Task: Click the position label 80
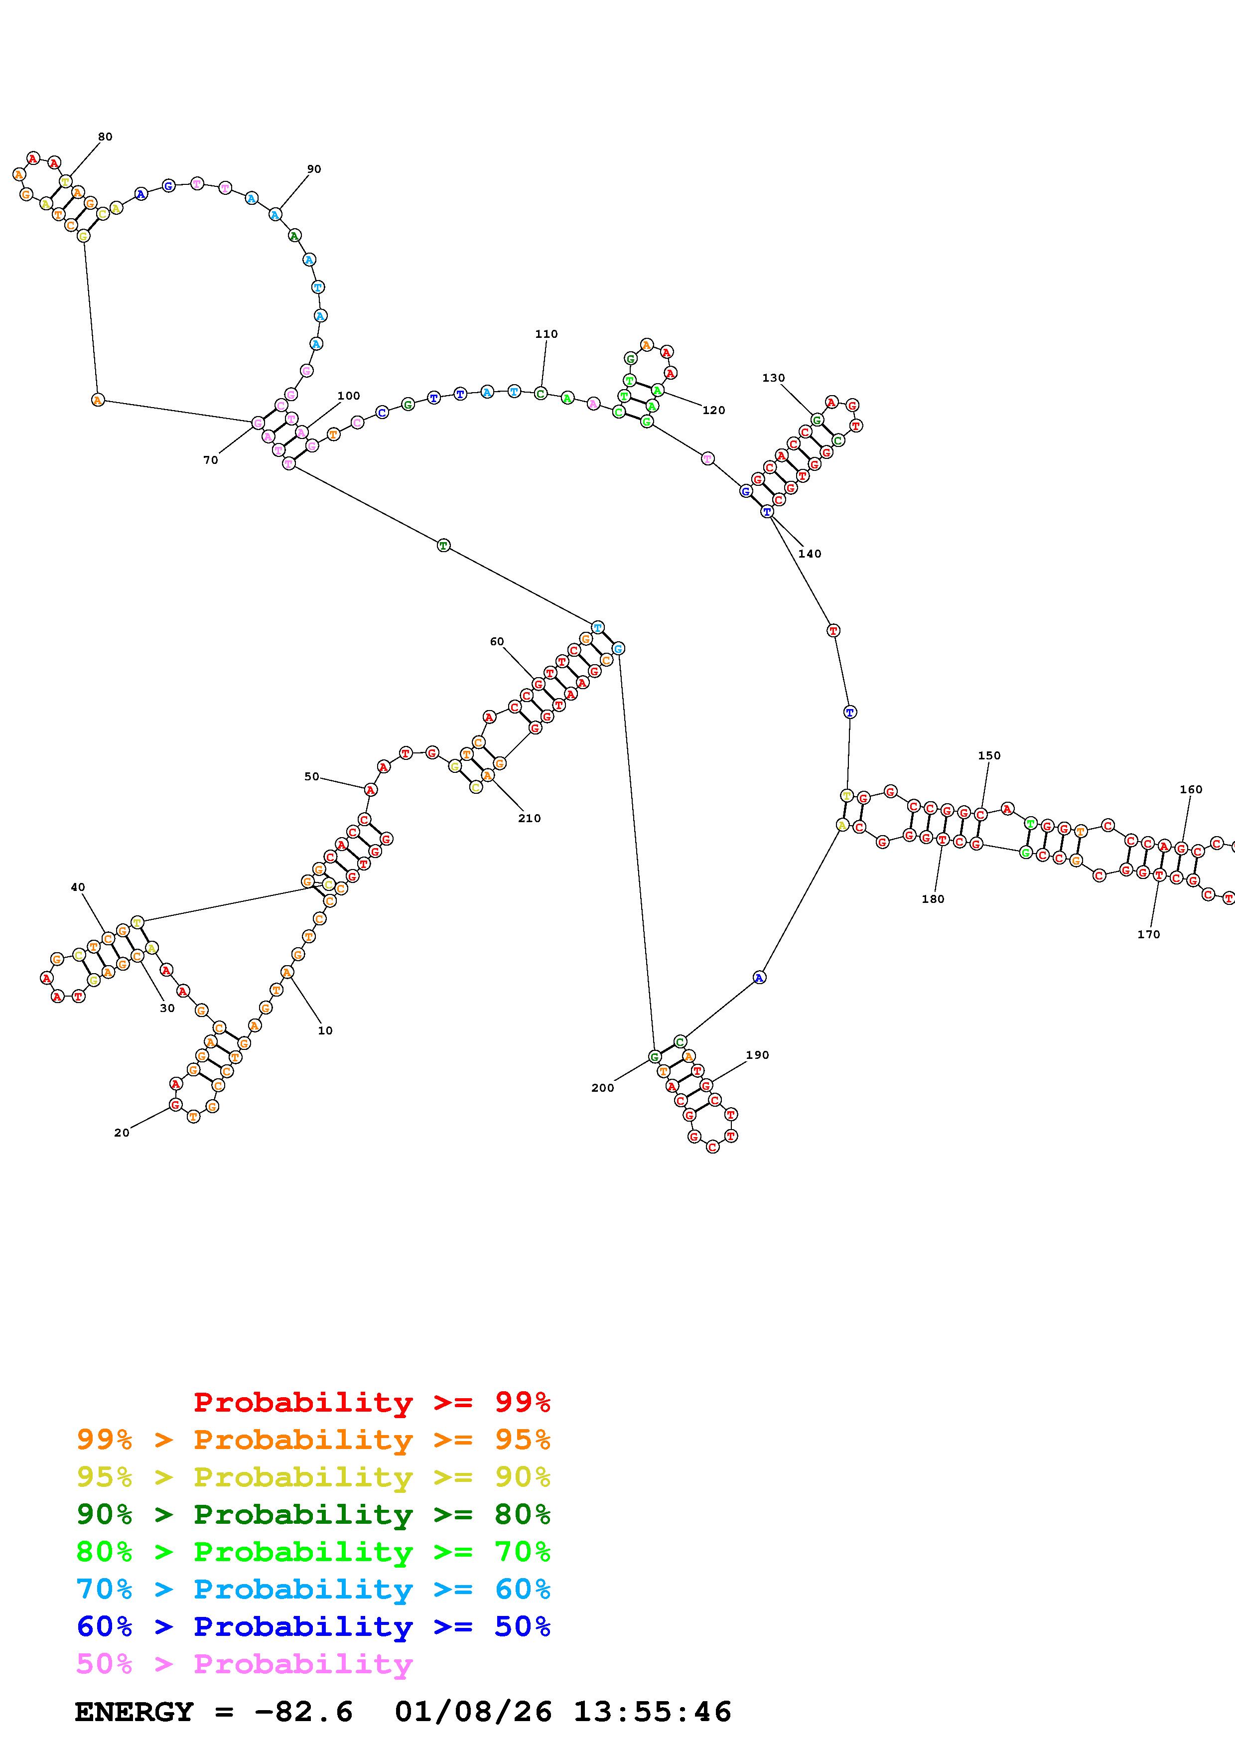coord(105,137)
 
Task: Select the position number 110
coord(547,334)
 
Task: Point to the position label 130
coord(773,378)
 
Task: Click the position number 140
coord(810,554)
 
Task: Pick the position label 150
coord(989,755)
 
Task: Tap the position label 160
coord(1191,789)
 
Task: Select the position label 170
coord(1148,934)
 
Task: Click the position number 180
coord(933,899)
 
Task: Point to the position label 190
coord(757,1055)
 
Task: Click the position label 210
coord(530,818)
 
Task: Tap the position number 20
coord(122,1133)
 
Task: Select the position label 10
coord(325,1031)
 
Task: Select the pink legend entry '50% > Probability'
coord(244,1664)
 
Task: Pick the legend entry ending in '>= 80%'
coord(313,1514)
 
